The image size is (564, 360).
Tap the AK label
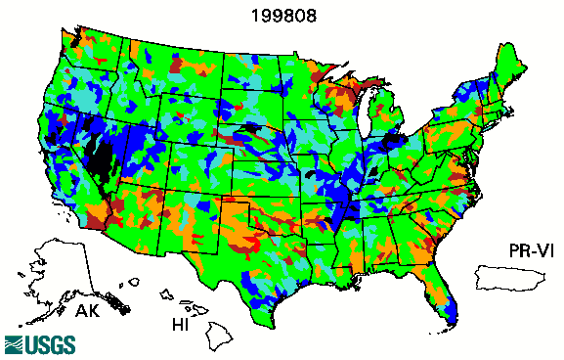[89, 312]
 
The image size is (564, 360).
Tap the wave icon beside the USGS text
[16, 344]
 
